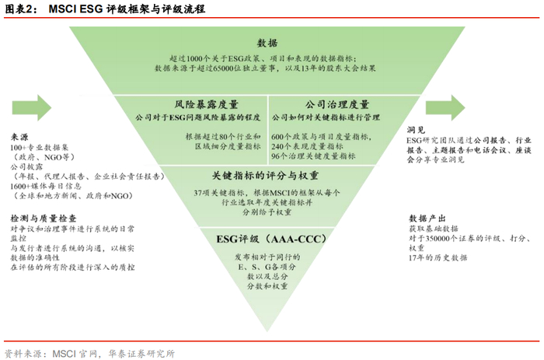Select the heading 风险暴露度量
point(205,104)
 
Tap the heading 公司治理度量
point(337,104)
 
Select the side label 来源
point(20,131)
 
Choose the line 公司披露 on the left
point(26,166)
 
